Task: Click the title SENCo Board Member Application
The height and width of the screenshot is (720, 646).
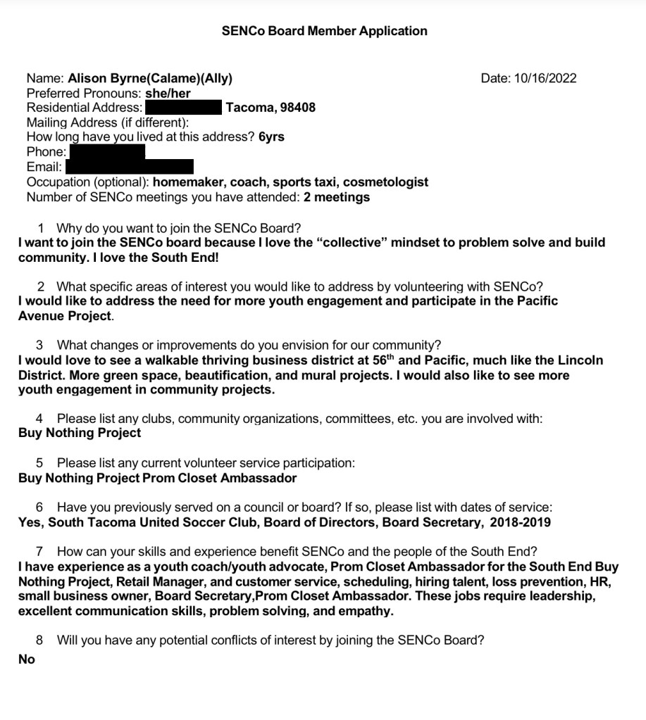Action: [x=324, y=31]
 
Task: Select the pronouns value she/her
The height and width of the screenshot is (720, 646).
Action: [x=168, y=93]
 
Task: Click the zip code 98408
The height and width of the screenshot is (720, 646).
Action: [x=297, y=108]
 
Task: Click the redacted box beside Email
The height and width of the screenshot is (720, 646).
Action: [x=129, y=167]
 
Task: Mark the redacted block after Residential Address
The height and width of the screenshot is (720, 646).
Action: [x=183, y=108]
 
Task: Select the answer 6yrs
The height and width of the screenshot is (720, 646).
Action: [x=271, y=137]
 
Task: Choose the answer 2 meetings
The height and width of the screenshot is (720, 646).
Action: [x=337, y=197]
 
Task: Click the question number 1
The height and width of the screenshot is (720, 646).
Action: [x=41, y=228]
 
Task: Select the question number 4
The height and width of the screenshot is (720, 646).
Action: [x=39, y=419]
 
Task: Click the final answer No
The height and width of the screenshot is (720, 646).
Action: [x=27, y=659]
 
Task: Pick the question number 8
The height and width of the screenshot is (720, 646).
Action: [x=39, y=640]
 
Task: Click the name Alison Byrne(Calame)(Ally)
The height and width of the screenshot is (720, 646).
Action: [x=150, y=78]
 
